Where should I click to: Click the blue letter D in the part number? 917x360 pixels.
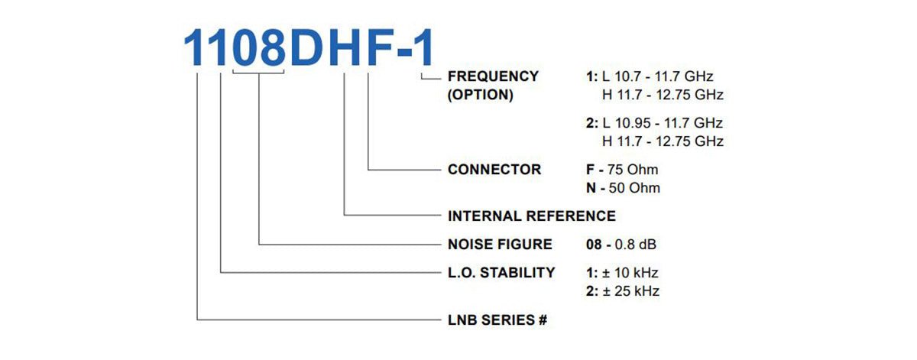307,47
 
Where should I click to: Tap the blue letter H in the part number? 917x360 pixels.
345,47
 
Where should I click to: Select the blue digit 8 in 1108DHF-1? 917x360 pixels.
273,47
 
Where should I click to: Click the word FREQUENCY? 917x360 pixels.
493,76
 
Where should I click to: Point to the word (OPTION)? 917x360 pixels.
480,95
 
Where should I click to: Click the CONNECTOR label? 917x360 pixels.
494,169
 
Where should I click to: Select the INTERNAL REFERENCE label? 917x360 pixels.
531,216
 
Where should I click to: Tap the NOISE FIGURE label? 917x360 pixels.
500,244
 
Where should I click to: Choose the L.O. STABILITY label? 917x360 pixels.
501,272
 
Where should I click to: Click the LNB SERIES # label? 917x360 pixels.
497,319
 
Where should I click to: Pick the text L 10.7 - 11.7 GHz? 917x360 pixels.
657,76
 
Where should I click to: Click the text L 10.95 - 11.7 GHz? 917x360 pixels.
663,123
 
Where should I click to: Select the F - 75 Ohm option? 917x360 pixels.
622,169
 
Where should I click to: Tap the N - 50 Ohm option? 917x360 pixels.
623,188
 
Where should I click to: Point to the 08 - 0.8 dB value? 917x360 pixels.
621,244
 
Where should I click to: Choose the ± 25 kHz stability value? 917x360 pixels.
631,290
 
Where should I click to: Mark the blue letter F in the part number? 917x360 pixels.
381,47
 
